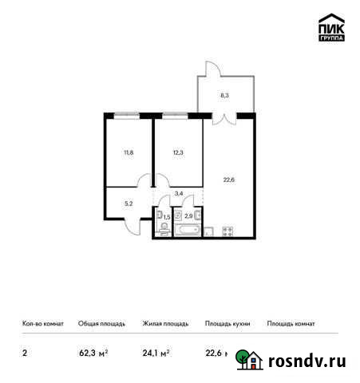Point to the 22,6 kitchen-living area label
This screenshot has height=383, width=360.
pyautogui.click(x=230, y=180)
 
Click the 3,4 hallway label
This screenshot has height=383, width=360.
pyautogui.click(x=179, y=192)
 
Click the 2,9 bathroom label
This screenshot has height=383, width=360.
pyautogui.click(x=188, y=215)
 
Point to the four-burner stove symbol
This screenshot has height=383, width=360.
pyautogui.click(x=226, y=231)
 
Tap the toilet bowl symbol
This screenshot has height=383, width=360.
pyautogui.click(x=164, y=228)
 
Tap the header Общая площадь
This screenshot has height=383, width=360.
pyautogui.click(x=100, y=324)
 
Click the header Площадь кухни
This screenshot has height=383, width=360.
pyautogui.click(x=227, y=324)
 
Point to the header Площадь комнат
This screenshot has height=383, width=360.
pyautogui.click(x=291, y=324)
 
